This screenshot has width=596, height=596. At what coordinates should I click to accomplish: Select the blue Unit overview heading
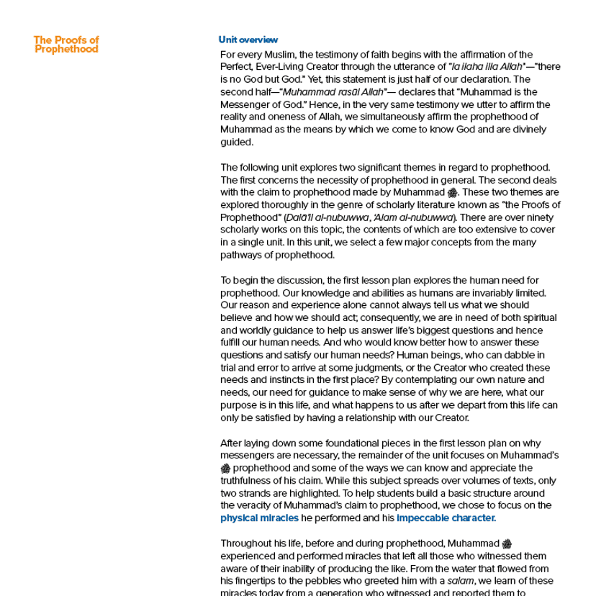[248, 40]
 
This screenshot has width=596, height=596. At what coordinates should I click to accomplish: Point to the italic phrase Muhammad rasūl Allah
[324, 92]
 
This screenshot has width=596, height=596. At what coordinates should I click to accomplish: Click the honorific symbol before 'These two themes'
[452, 193]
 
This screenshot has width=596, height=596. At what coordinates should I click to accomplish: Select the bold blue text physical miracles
[249, 518]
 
